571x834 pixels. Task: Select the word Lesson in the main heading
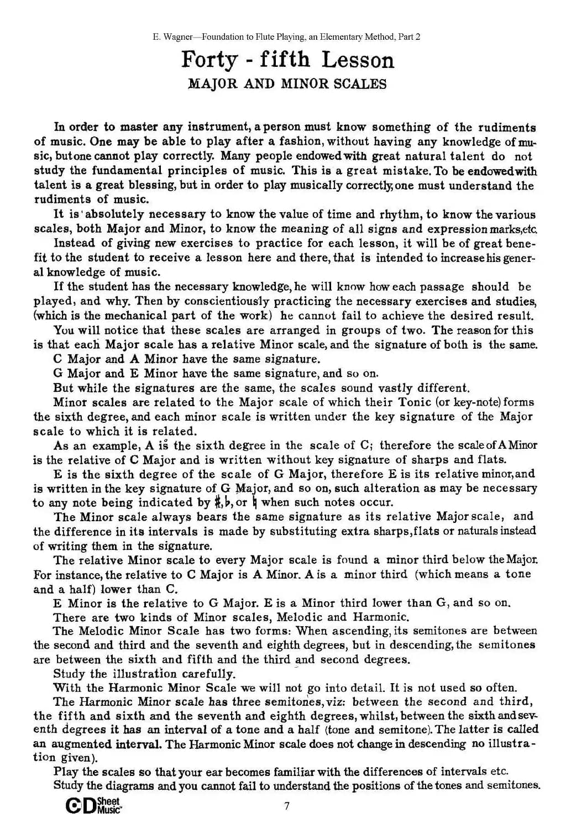[x=358, y=60]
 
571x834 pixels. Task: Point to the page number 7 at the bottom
[x=286, y=806]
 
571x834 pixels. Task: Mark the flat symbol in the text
[x=229, y=503]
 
